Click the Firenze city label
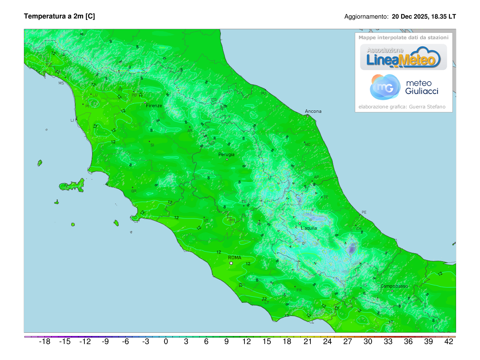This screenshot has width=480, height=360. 154,106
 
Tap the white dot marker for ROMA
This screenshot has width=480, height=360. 231,263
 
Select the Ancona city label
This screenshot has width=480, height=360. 313,111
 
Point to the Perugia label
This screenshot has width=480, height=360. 226,154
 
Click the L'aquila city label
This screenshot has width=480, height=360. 309,228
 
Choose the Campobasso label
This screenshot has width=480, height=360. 394,286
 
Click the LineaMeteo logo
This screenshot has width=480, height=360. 403,57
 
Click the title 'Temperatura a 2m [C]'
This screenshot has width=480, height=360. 59,16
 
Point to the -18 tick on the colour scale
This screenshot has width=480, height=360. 44,342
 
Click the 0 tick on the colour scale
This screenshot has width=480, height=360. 166,342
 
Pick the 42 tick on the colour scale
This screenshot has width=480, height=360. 449,342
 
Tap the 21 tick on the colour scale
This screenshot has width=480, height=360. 307,342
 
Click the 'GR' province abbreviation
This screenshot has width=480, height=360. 134,191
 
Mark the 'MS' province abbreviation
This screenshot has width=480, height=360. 61,83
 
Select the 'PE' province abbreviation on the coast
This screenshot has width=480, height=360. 364,212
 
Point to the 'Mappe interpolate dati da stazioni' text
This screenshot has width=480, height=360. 403,38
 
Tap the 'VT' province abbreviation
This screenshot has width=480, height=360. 206,220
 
